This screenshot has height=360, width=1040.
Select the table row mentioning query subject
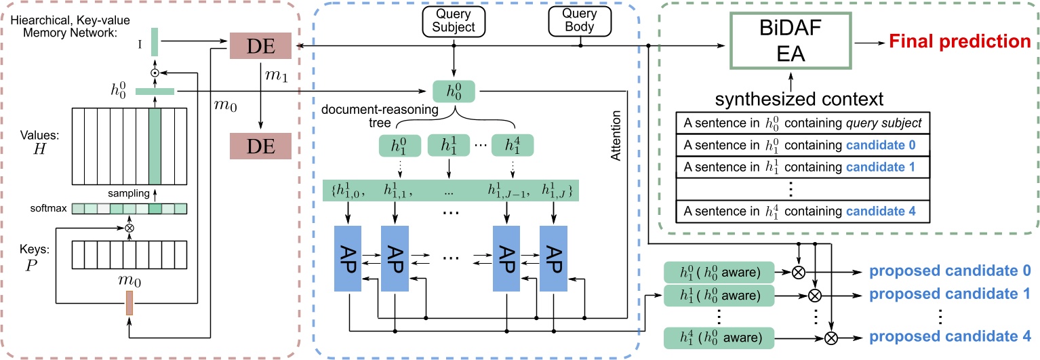tap(803, 124)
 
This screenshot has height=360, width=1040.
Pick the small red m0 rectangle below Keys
tap(129, 302)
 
